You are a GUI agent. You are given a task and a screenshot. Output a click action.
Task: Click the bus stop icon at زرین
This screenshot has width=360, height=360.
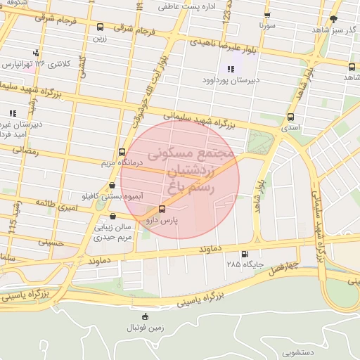pos(100,27)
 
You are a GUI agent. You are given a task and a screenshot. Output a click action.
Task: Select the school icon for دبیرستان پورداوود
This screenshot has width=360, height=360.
pos(230,69)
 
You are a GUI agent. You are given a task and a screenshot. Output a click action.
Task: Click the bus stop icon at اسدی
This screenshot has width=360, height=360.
pos(290,117)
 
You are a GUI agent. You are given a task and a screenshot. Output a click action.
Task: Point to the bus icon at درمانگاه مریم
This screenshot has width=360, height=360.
pos(122,152)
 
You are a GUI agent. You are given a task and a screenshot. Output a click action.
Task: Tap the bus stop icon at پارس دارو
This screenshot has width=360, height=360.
pos(162,209)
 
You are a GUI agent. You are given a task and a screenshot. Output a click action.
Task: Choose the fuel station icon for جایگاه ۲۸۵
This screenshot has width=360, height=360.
pos(244,255)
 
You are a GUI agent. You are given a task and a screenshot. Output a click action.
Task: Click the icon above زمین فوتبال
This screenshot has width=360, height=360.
pos(145,316)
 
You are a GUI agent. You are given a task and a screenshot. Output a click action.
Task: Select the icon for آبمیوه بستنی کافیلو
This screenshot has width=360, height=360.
pos(112,186)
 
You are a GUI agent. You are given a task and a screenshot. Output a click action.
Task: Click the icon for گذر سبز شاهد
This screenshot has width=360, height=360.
pos(333,19)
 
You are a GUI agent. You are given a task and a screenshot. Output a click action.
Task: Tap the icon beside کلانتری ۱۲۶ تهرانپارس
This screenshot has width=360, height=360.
pos(36,53)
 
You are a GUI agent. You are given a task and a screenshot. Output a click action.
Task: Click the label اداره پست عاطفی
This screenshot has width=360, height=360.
pos(184,6)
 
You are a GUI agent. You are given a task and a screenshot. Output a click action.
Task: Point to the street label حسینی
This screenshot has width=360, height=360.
pos(50,243)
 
